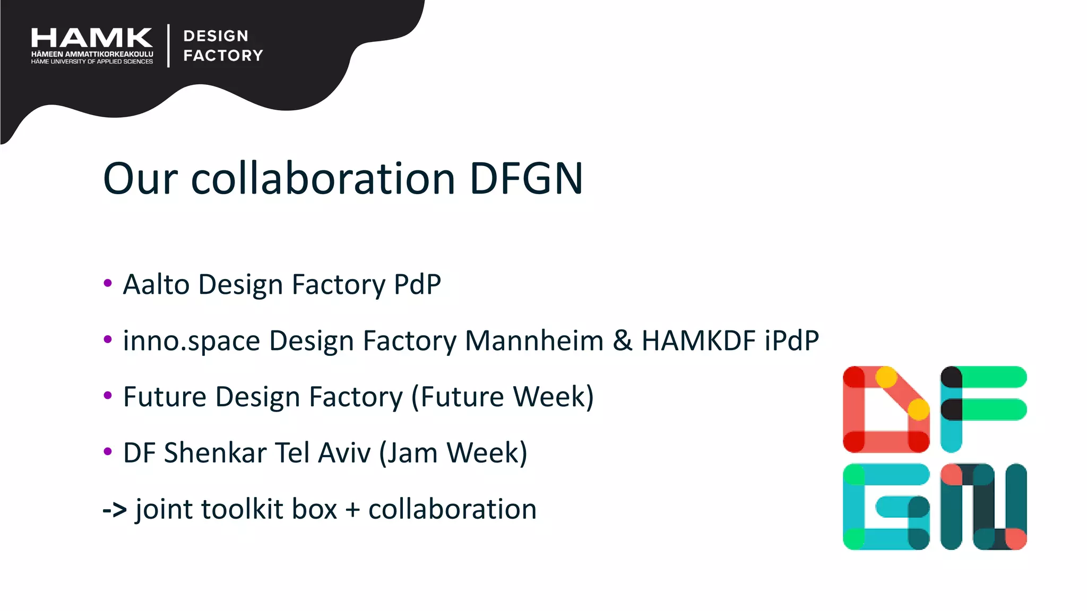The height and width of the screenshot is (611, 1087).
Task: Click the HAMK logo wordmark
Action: point(92,38)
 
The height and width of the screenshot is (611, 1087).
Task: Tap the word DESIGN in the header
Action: point(216,36)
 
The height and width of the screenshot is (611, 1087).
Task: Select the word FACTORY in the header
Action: point(223,55)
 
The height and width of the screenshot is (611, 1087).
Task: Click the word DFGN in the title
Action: point(526,179)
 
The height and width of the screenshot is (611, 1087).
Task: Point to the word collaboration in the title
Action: point(323,179)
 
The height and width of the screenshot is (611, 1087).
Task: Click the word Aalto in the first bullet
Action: point(156,284)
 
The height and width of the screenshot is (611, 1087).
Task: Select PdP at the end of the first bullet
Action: point(417,284)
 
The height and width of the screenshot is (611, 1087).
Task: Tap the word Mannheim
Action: point(534,341)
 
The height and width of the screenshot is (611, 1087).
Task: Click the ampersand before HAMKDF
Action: point(623,341)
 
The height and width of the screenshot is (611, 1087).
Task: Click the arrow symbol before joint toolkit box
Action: point(115,510)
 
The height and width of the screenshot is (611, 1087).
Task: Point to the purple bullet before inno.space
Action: point(108,339)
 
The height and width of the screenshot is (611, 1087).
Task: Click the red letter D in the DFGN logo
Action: point(885,409)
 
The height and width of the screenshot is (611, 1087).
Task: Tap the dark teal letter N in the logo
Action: point(983,507)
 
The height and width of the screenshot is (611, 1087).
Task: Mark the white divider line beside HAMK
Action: point(168,46)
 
